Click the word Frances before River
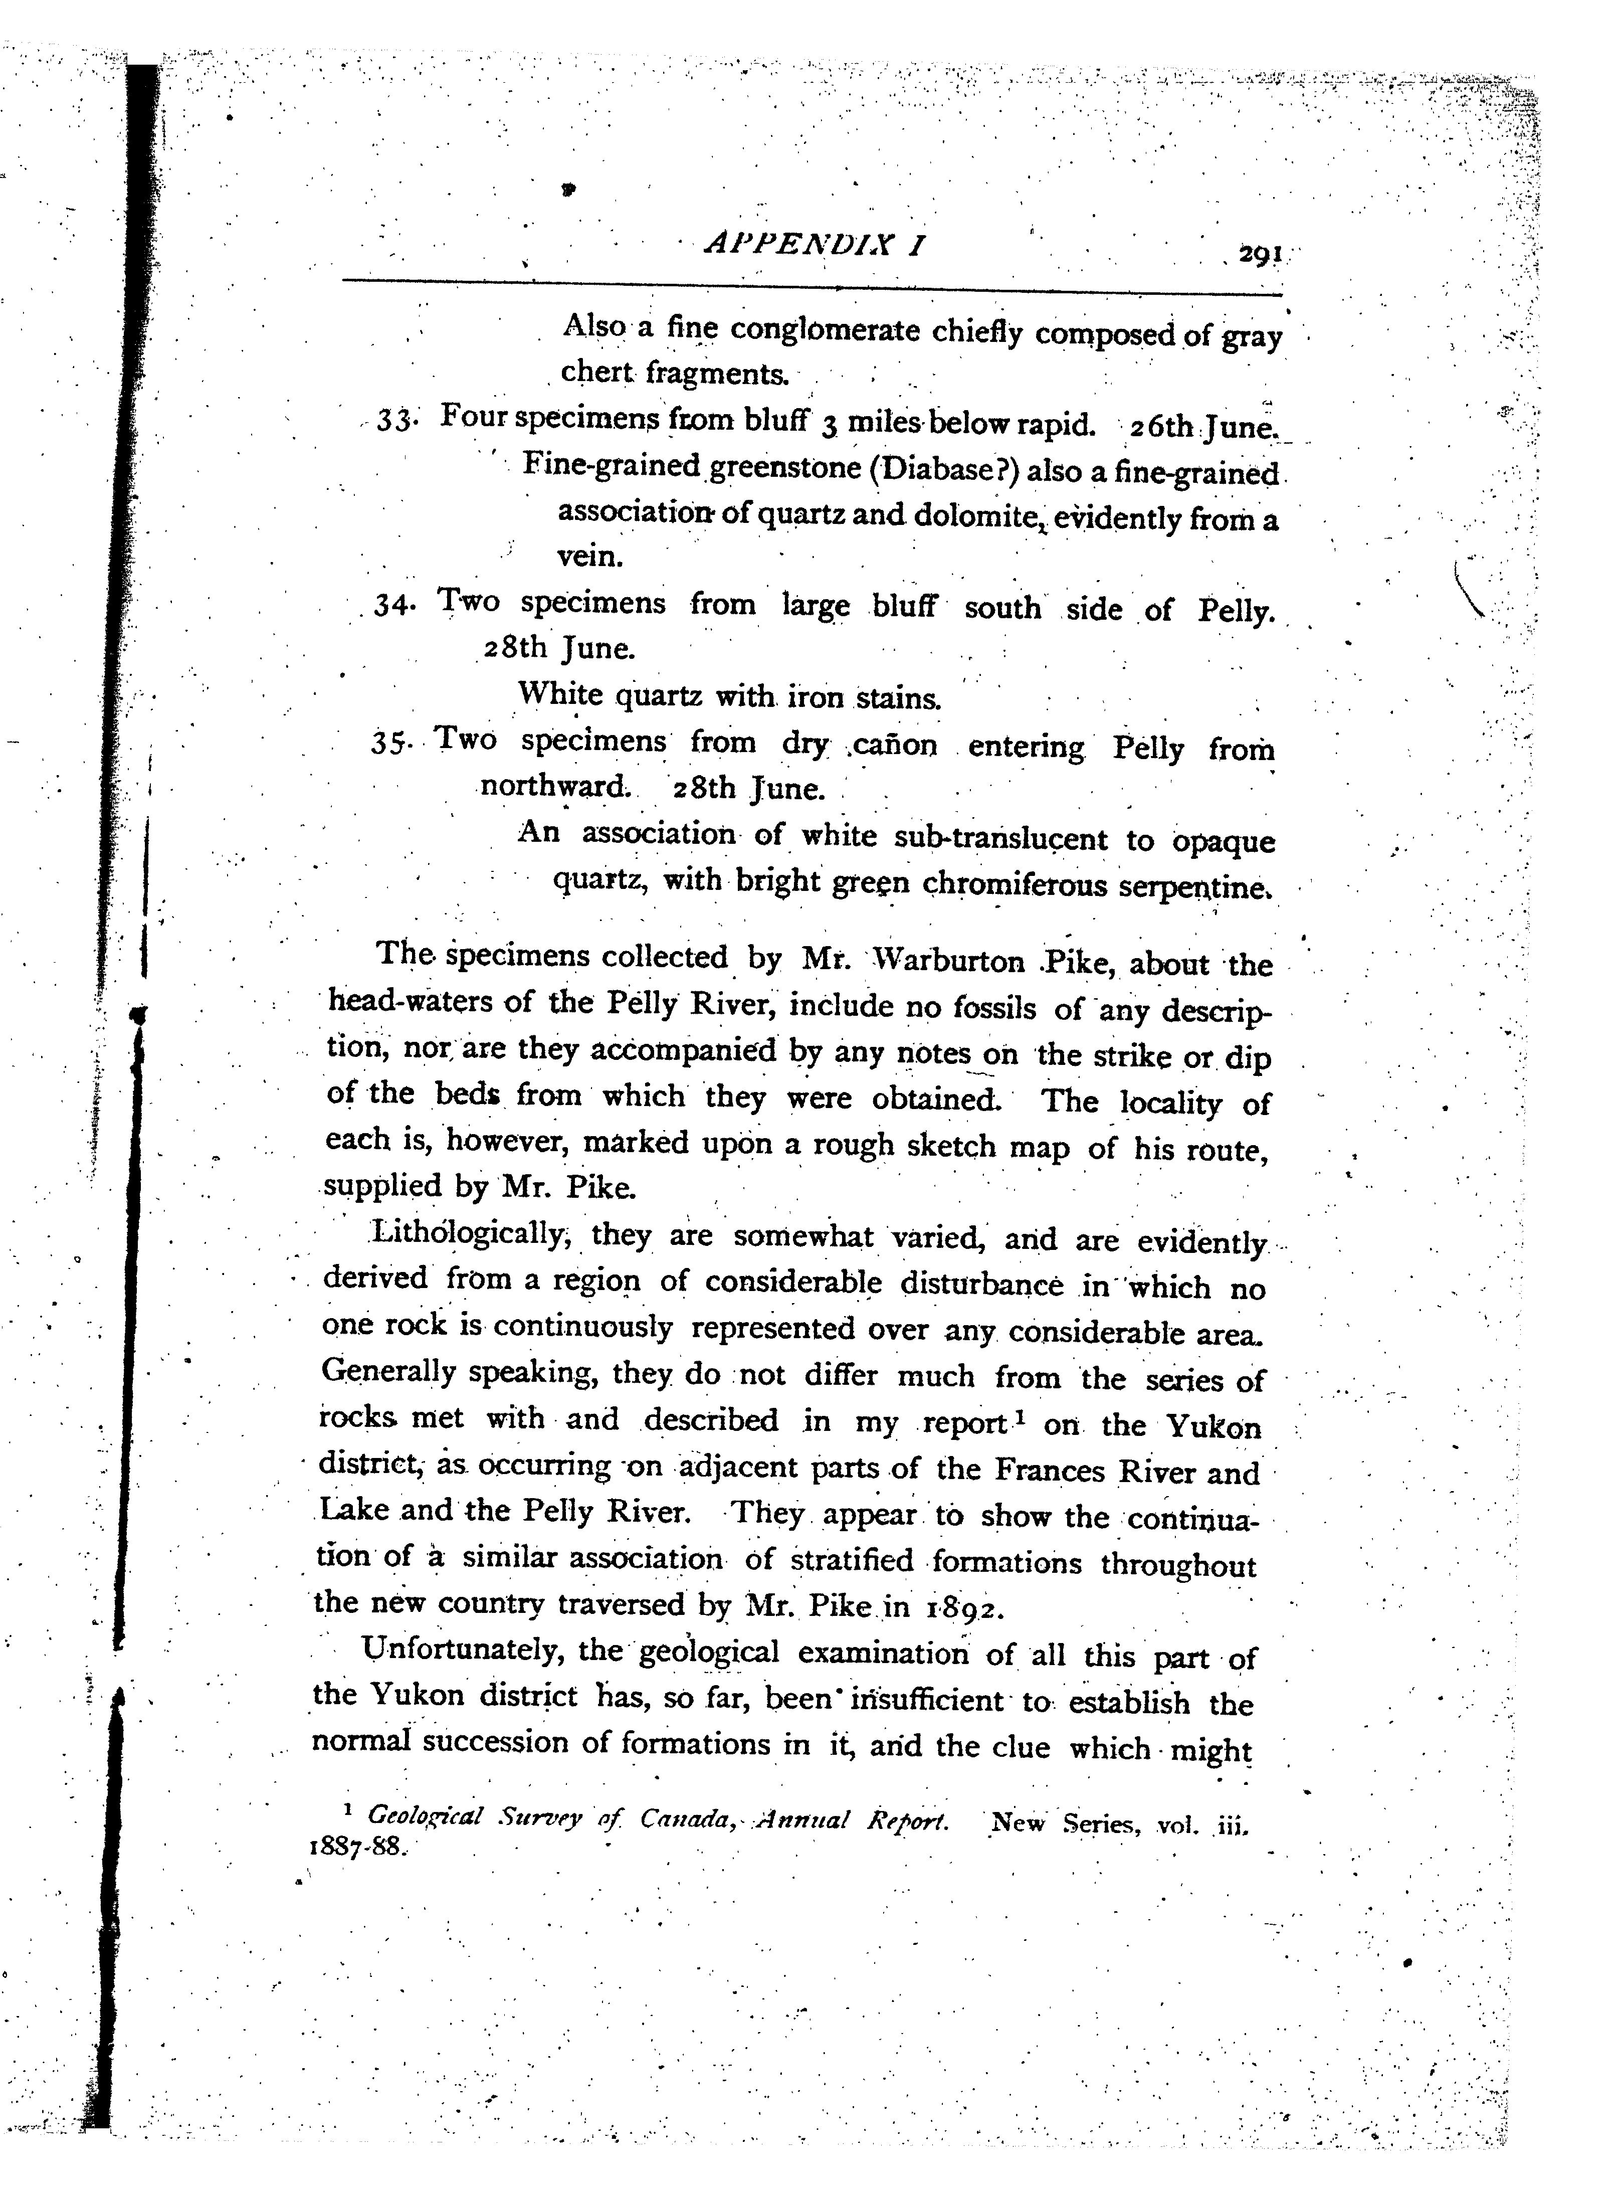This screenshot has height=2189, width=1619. pyautogui.click(x=1050, y=1471)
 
